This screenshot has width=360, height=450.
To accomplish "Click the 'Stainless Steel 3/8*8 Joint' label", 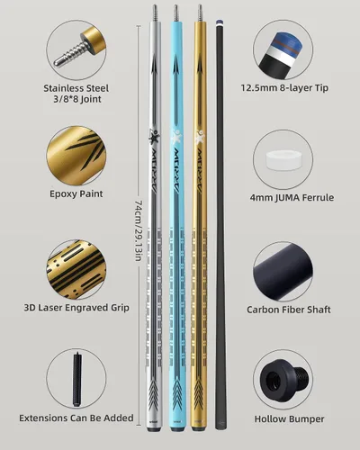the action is coord(76,94).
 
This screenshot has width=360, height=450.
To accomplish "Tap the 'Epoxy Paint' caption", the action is coord(76,193).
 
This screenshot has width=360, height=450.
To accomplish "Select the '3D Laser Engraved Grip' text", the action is coord(76,308).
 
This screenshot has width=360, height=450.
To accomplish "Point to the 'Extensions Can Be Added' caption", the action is coord(76,418).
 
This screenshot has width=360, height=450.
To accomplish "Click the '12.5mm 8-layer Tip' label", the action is coord(284,88).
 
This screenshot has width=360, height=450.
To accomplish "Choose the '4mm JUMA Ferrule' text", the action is coord(292,197).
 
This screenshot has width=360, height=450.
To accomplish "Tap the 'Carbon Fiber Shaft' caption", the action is coord(289,310).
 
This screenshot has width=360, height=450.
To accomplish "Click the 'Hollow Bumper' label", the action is coord(289,418).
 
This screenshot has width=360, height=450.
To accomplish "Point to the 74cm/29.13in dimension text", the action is coord(139,231).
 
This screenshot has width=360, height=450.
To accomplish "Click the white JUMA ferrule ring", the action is coord(283,159).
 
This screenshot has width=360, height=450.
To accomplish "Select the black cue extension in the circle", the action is coord(77,379).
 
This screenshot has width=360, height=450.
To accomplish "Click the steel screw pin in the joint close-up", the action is coord(70,54).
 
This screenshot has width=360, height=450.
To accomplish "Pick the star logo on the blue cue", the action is coord(176,137).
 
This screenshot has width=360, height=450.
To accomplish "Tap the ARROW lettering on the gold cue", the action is coord(201,172).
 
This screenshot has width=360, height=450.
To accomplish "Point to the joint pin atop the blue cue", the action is coord(175,13).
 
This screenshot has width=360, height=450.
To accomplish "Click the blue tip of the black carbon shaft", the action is coord(220,22).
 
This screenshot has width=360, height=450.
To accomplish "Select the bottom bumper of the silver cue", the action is coord(154,429).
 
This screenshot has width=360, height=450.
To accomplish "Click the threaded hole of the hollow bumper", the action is coord(273,382).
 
